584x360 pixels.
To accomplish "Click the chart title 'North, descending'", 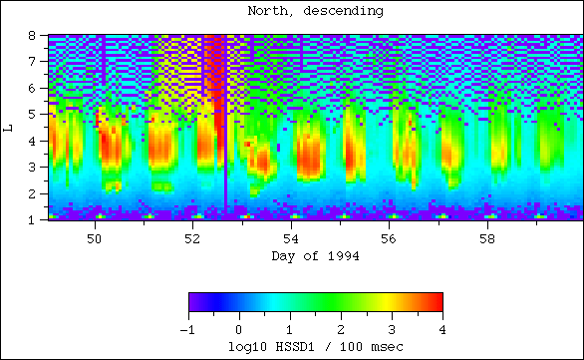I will [x=315, y=12].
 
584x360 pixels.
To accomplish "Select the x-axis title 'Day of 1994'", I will [x=315, y=256].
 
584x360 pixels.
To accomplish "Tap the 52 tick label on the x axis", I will [x=193, y=239].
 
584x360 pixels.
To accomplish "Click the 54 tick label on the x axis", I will [x=291, y=239].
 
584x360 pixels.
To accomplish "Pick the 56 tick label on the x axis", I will [x=390, y=239].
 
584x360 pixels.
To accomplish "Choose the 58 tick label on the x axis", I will [x=487, y=239].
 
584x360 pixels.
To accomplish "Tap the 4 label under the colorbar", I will [x=441, y=329].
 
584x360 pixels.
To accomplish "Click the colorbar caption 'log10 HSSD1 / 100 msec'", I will [x=315, y=345].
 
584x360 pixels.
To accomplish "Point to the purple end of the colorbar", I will [x=193, y=302].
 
